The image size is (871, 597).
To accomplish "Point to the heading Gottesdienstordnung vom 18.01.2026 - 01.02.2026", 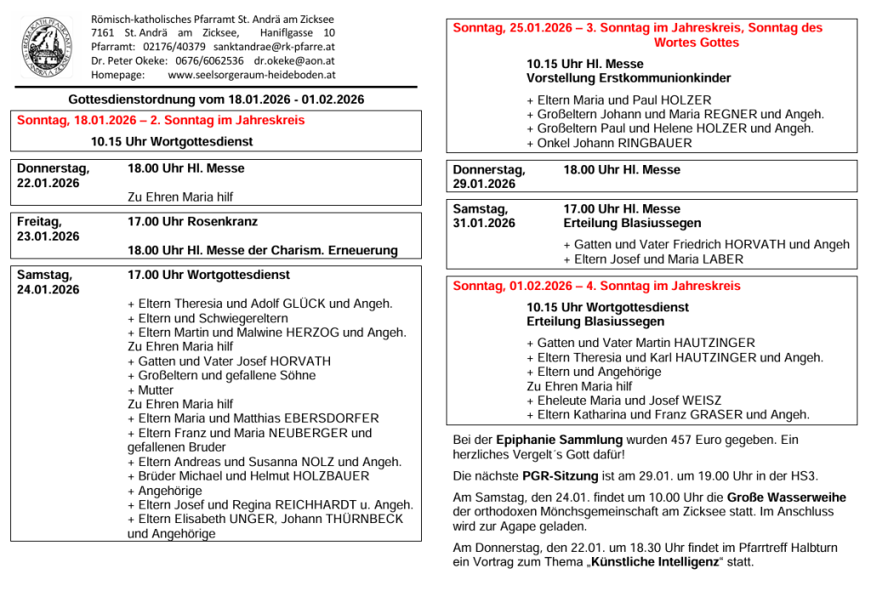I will (x=216, y=99).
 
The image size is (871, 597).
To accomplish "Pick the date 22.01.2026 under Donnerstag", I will (x=48, y=183).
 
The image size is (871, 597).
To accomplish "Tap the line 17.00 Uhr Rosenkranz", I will (x=192, y=221).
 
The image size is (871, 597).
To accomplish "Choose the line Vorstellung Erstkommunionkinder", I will (x=629, y=78).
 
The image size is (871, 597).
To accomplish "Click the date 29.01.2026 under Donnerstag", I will (x=484, y=185).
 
